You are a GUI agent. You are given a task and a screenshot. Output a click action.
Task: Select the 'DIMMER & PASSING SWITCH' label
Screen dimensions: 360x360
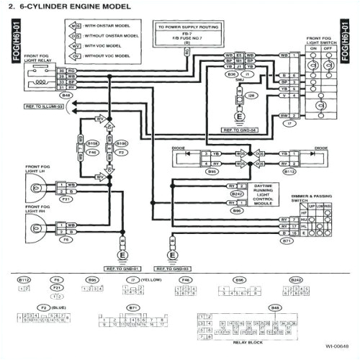coord(316,197)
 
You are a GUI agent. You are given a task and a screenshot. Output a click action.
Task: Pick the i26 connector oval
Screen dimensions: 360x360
coord(252,96)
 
